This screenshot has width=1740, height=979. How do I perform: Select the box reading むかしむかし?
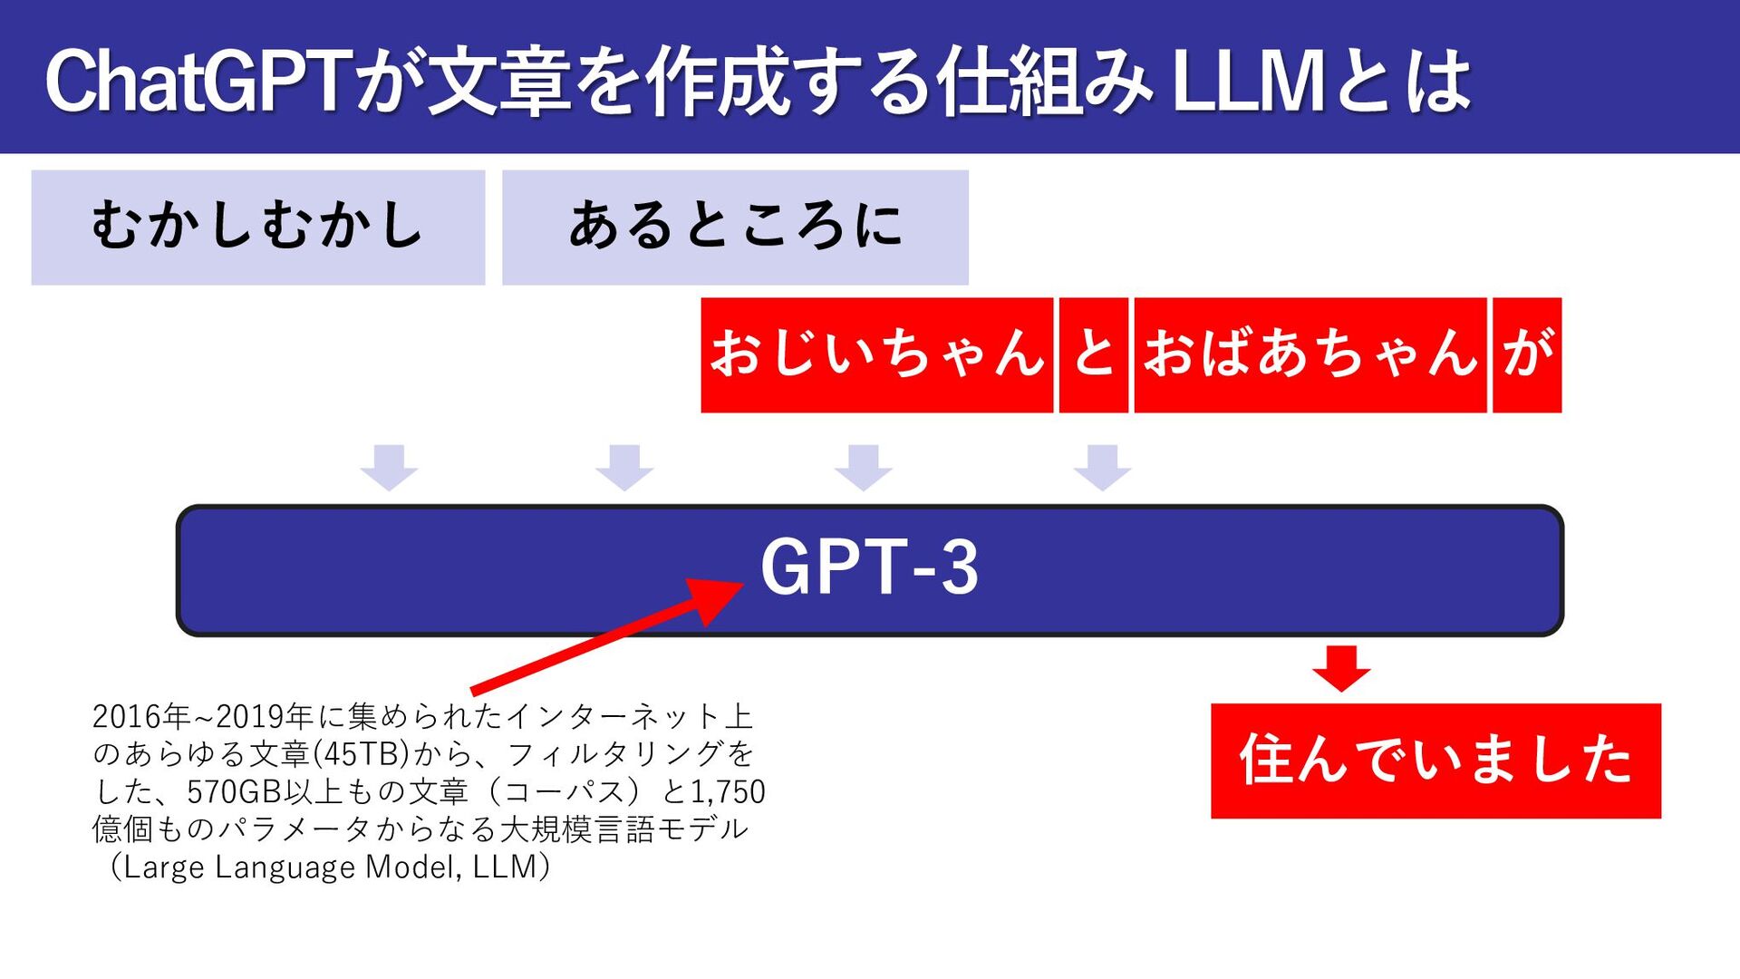coord(258,228)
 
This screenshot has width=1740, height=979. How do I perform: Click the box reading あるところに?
coord(735,228)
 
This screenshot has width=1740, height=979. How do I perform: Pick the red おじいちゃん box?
coord(876,354)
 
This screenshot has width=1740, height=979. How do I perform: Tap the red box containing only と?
coord(1094,354)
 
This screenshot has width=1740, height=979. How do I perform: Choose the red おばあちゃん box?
coord(1310,354)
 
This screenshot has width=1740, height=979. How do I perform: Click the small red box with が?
coord(1527,354)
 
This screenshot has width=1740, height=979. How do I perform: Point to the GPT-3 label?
coord(869,567)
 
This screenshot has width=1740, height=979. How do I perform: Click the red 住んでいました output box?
coord(1435,761)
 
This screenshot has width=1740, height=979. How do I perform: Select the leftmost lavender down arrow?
coord(389,468)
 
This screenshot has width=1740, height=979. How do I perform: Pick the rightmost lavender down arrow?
coord(1102,468)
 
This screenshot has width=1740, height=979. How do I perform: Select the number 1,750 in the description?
coord(728,792)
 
